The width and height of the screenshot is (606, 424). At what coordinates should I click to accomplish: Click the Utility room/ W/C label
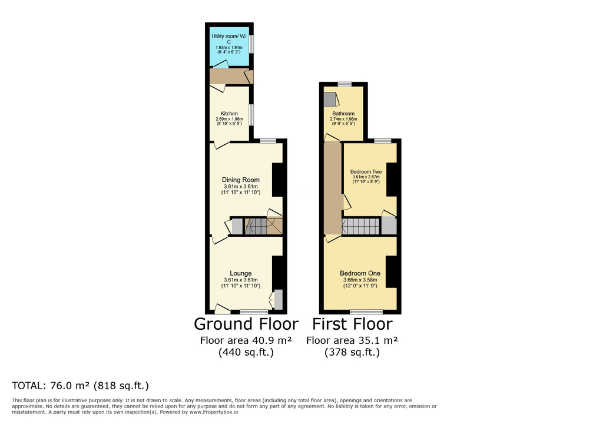(x=229, y=39)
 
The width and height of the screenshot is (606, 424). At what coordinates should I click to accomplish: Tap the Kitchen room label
(x=229, y=114)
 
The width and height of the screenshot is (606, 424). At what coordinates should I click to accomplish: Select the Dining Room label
(x=240, y=180)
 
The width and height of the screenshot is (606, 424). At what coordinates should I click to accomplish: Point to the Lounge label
(x=240, y=273)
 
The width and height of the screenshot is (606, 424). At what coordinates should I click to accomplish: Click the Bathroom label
(x=343, y=114)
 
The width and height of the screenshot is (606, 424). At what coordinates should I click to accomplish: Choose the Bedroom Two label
(x=366, y=171)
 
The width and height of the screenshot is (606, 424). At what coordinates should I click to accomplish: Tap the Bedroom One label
(x=360, y=273)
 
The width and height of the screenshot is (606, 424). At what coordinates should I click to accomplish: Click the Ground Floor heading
(x=246, y=324)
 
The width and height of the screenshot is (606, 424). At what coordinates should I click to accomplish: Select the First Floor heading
(x=352, y=324)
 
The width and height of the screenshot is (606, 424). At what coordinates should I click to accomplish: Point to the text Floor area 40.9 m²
(x=246, y=340)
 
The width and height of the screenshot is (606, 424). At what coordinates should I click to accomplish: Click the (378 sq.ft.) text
(x=352, y=352)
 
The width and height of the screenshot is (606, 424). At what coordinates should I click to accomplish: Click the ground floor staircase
(x=256, y=227)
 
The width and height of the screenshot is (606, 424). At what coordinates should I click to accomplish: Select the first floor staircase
(x=360, y=227)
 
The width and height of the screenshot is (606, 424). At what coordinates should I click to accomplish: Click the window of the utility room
(x=251, y=44)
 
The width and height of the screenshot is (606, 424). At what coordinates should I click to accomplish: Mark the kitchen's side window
(x=251, y=115)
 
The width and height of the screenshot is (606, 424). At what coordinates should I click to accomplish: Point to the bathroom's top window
(x=345, y=84)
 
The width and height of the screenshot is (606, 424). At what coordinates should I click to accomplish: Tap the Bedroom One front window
(x=366, y=312)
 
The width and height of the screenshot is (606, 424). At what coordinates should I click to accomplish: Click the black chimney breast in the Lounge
(x=277, y=273)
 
